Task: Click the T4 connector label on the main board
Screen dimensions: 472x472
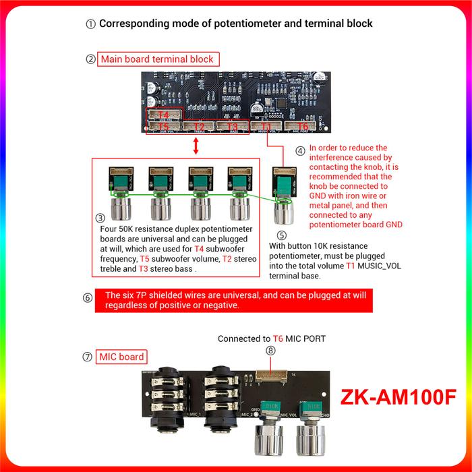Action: coord(163,115)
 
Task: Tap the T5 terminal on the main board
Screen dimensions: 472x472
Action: coord(163,126)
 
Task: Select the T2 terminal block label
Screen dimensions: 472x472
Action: coord(198,126)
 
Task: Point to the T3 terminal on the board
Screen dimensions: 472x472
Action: coord(233,126)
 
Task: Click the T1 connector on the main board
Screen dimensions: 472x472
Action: coord(266,126)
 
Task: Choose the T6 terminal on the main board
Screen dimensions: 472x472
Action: coord(302,126)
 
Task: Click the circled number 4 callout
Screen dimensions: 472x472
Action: coord(300,150)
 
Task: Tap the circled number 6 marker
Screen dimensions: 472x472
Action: coord(88,297)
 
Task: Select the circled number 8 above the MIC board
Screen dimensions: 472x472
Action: coord(271,350)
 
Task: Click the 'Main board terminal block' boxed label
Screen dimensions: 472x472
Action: coord(157,59)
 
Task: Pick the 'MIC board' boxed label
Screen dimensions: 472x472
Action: coord(122,356)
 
